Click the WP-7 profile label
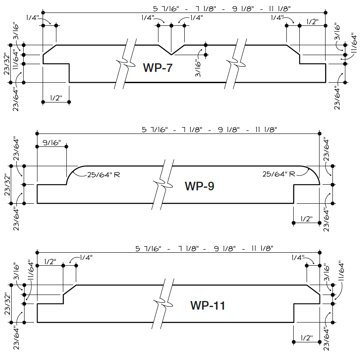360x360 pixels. tap(158, 67)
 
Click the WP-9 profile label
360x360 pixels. tap(199, 186)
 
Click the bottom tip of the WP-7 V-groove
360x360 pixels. tap(171, 55)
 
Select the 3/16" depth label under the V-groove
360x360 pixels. tap(198, 68)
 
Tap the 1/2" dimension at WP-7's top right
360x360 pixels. tap(313, 21)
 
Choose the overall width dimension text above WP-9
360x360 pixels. tap(210, 129)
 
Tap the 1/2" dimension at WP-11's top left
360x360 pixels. tap(50, 261)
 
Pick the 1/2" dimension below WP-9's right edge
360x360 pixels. tap(306, 218)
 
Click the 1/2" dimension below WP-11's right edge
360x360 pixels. tap(306, 338)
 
